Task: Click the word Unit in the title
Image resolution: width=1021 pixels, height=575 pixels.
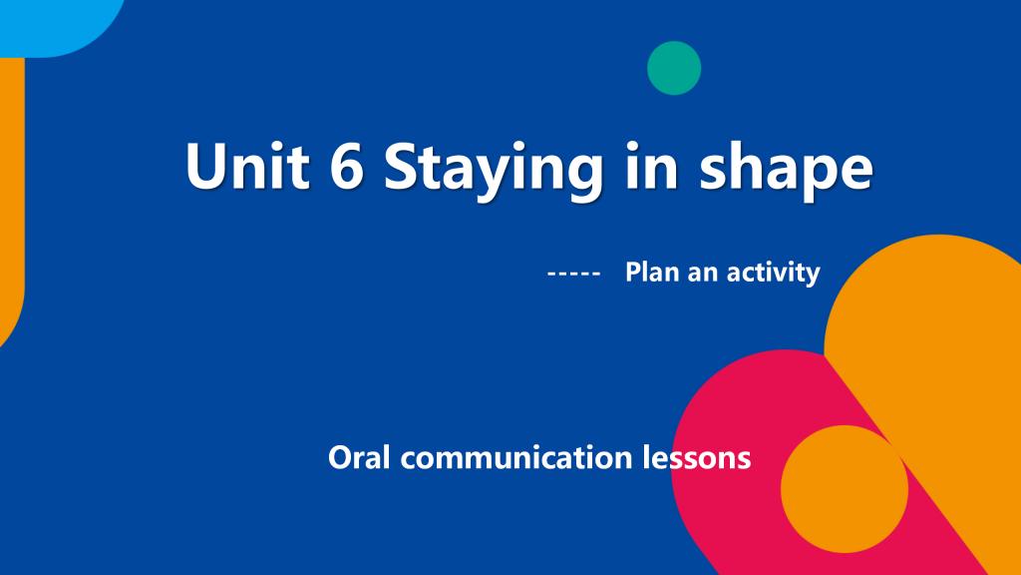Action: (x=247, y=166)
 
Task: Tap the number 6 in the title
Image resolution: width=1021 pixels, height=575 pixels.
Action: (x=346, y=166)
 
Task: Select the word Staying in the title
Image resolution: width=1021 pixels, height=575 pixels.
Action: (x=494, y=172)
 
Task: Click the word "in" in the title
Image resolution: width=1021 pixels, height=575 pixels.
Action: (x=651, y=165)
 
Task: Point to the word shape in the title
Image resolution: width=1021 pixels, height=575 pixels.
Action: (x=786, y=171)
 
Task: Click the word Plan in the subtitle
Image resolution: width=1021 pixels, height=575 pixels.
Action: (x=652, y=272)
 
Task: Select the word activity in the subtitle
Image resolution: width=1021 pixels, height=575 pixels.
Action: (x=773, y=274)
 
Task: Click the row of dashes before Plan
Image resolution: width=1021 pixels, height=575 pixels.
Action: (x=573, y=274)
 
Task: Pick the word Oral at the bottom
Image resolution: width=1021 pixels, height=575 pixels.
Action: (x=359, y=457)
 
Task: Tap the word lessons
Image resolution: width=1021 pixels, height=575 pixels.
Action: (x=697, y=457)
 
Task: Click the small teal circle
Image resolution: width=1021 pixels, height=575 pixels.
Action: (x=674, y=68)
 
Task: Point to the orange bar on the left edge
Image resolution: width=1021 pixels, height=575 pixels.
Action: (x=11, y=196)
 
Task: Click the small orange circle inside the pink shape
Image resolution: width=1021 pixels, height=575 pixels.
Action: (x=845, y=489)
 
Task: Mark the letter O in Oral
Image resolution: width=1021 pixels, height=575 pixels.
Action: (x=340, y=457)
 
